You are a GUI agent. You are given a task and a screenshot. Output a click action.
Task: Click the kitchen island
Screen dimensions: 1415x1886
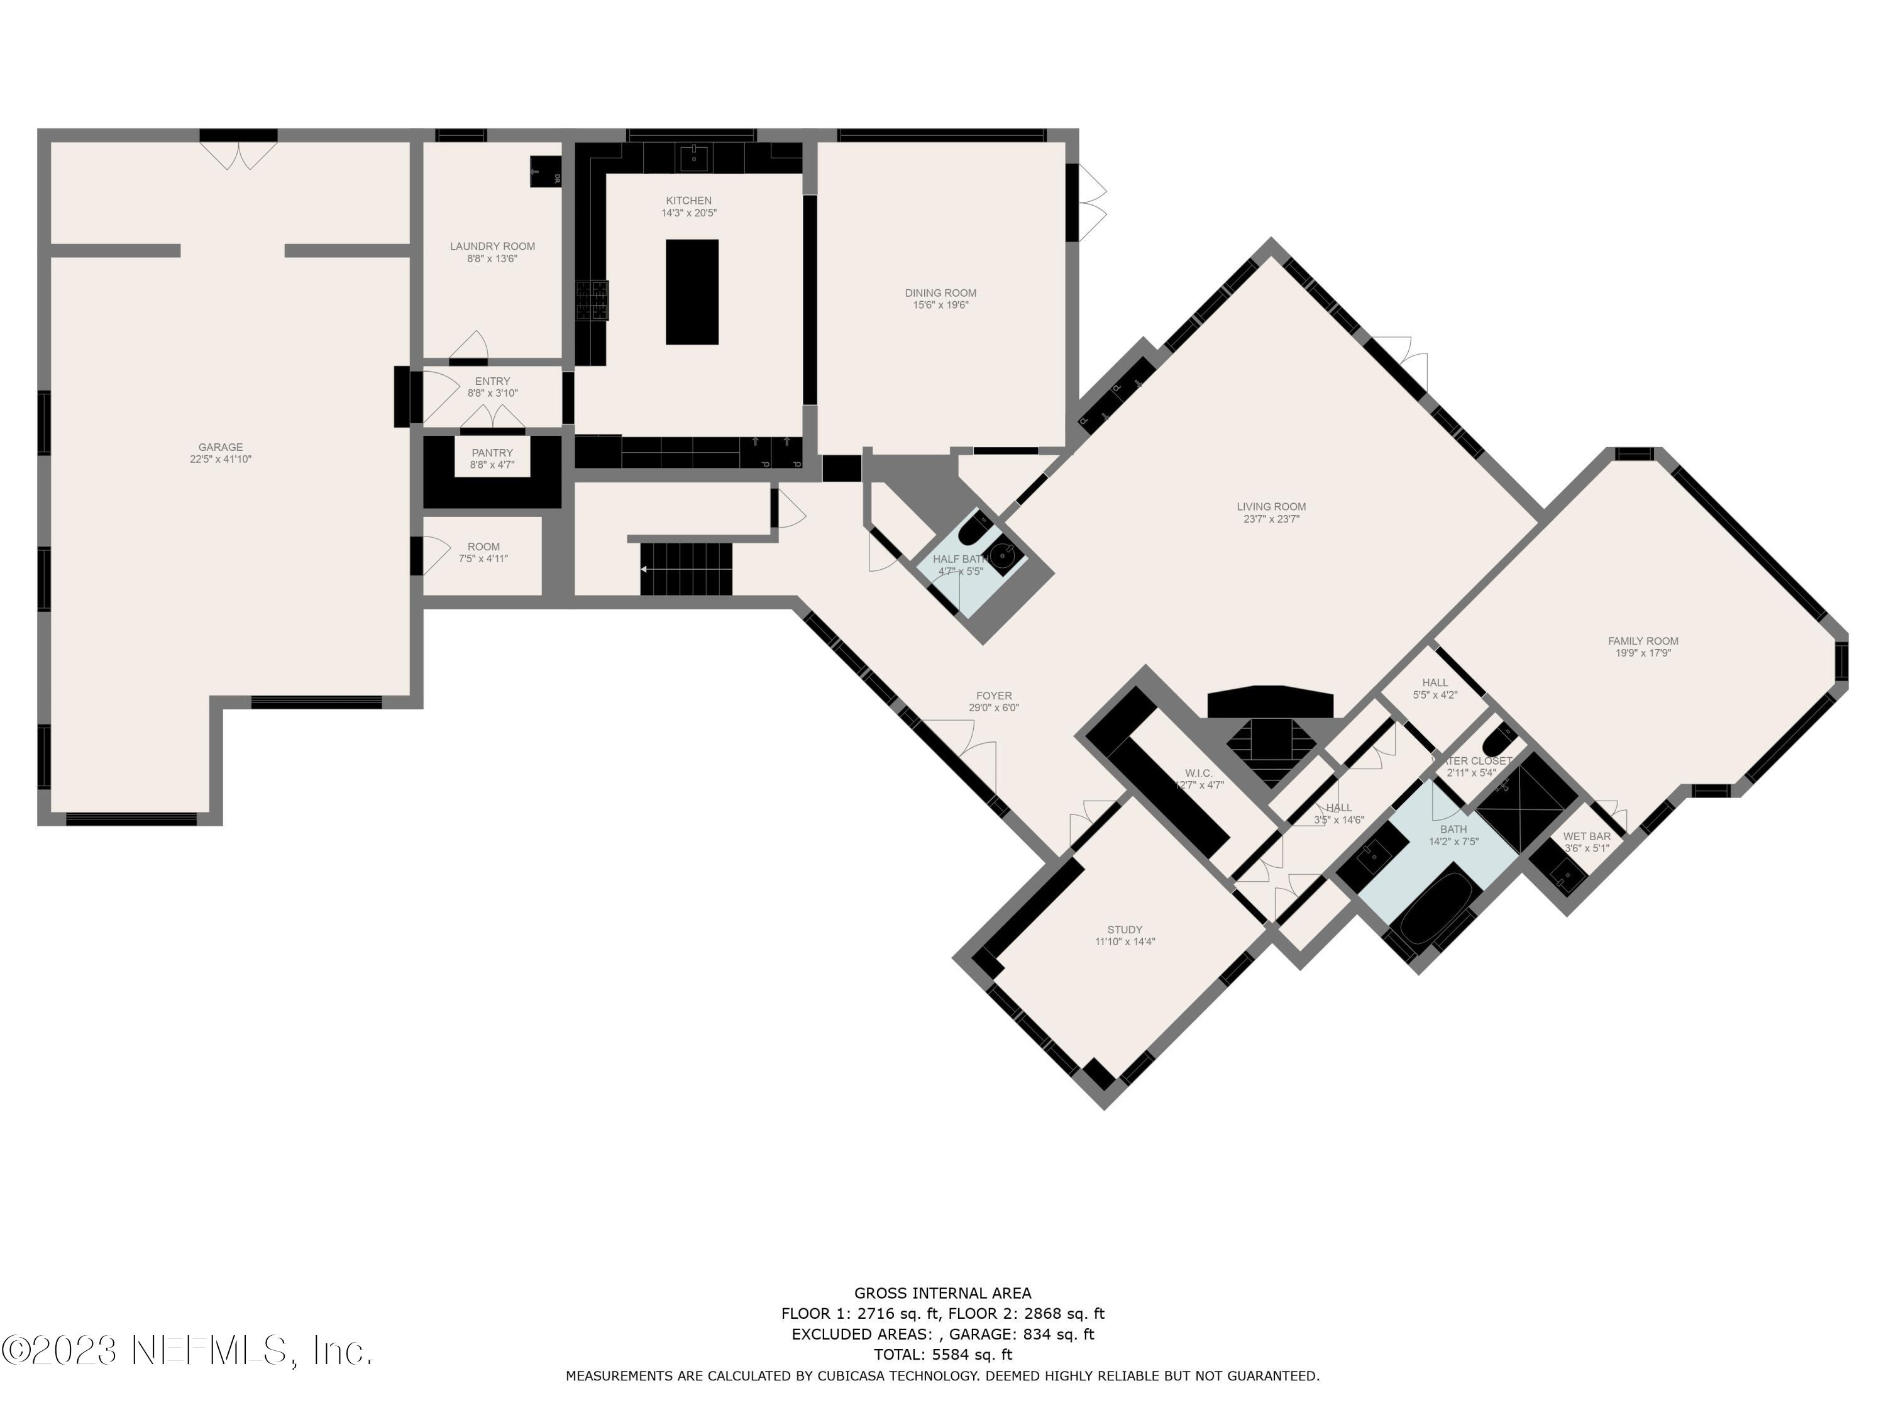[692, 292]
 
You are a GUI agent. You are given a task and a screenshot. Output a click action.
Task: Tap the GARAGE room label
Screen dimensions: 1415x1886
[221, 447]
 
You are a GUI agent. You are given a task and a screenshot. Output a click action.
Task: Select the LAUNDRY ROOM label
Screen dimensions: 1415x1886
[493, 247]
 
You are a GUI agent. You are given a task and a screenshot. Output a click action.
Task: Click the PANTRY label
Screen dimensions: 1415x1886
[492, 453]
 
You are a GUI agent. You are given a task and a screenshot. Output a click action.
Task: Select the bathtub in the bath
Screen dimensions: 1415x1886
[1435, 906]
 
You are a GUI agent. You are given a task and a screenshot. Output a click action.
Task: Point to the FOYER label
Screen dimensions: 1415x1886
[994, 696]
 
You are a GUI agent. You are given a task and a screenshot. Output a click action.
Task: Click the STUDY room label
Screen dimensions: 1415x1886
[1125, 929]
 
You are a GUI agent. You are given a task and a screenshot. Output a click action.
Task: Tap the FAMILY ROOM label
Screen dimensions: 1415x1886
[1642, 641]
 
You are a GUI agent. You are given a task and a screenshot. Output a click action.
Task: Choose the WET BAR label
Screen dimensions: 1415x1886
[1587, 836]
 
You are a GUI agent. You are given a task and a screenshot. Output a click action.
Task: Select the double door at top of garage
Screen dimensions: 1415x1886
[239, 156]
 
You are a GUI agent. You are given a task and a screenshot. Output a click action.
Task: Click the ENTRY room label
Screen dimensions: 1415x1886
[492, 381]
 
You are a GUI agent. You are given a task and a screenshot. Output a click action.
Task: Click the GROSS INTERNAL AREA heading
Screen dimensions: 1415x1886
[942, 1293]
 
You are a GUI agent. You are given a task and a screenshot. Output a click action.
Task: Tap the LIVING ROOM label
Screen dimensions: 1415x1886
[1271, 507]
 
